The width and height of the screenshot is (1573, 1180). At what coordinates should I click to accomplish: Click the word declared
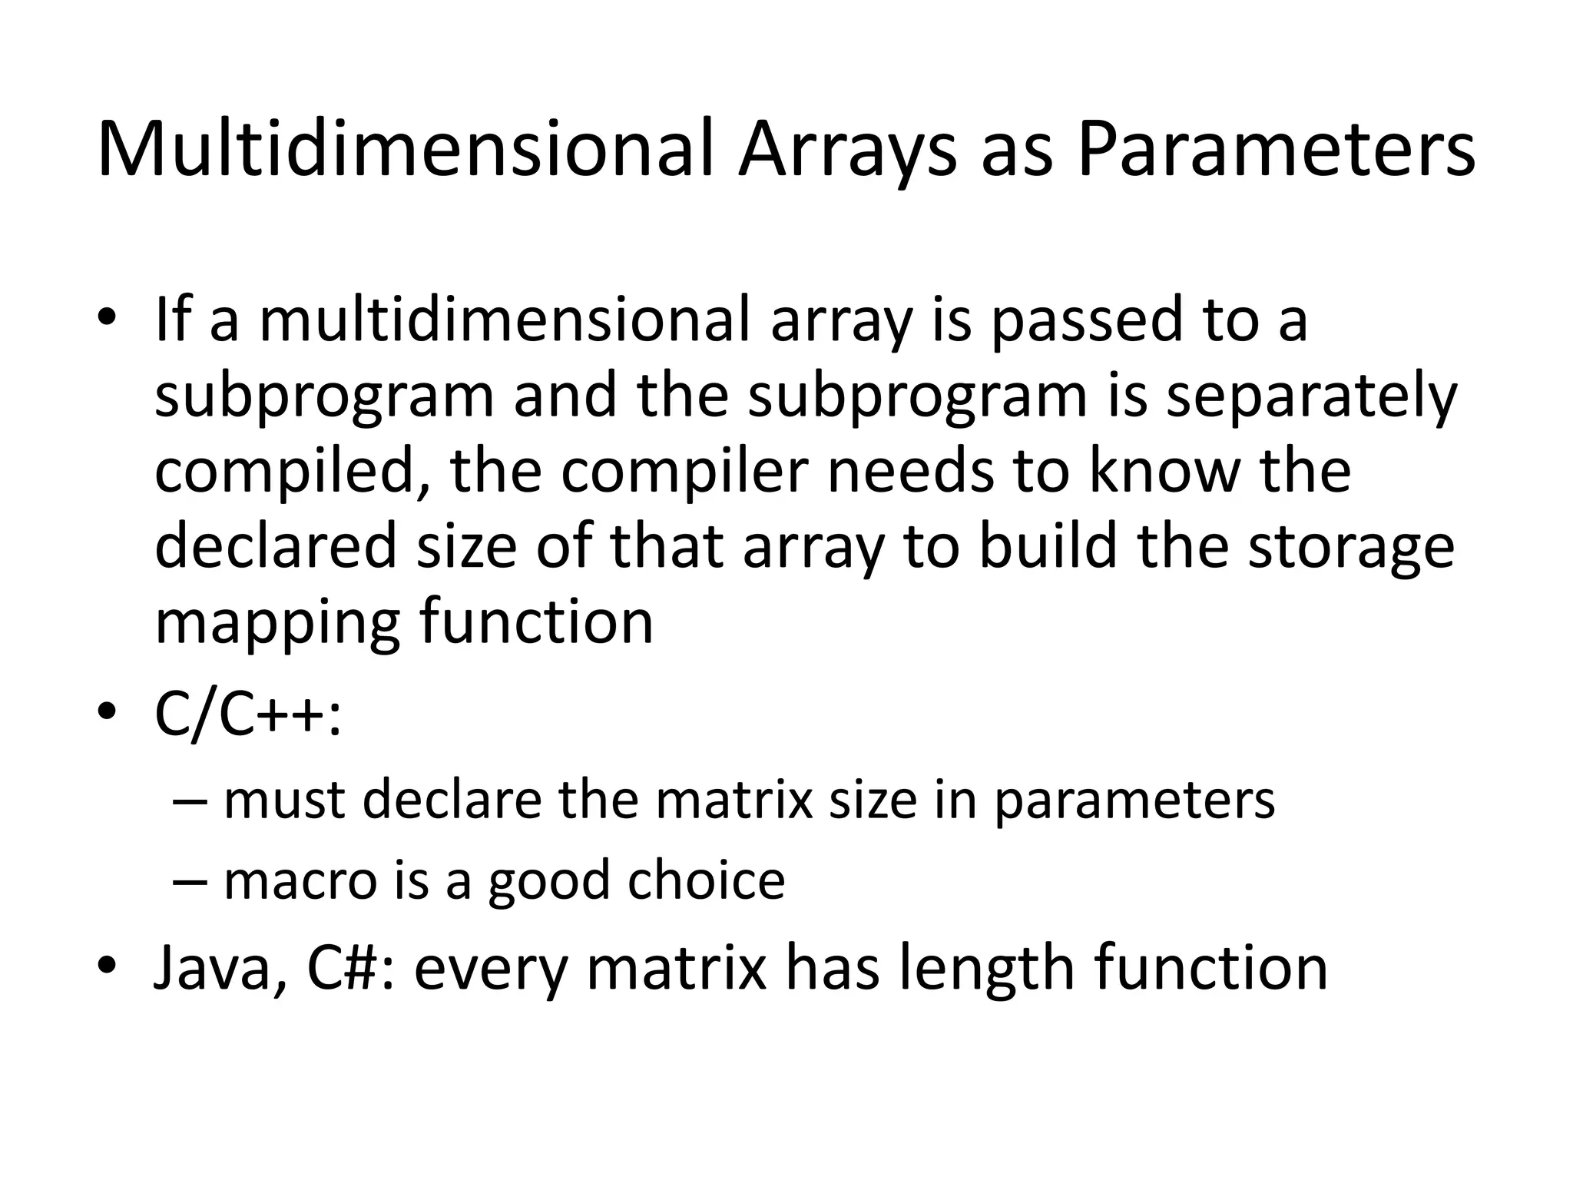[x=276, y=546]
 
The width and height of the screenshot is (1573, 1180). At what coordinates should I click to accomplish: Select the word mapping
[x=277, y=622]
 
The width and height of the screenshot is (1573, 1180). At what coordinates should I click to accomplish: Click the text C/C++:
[x=248, y=714]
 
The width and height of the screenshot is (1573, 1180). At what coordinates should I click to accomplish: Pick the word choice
[x=706, y=880]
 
